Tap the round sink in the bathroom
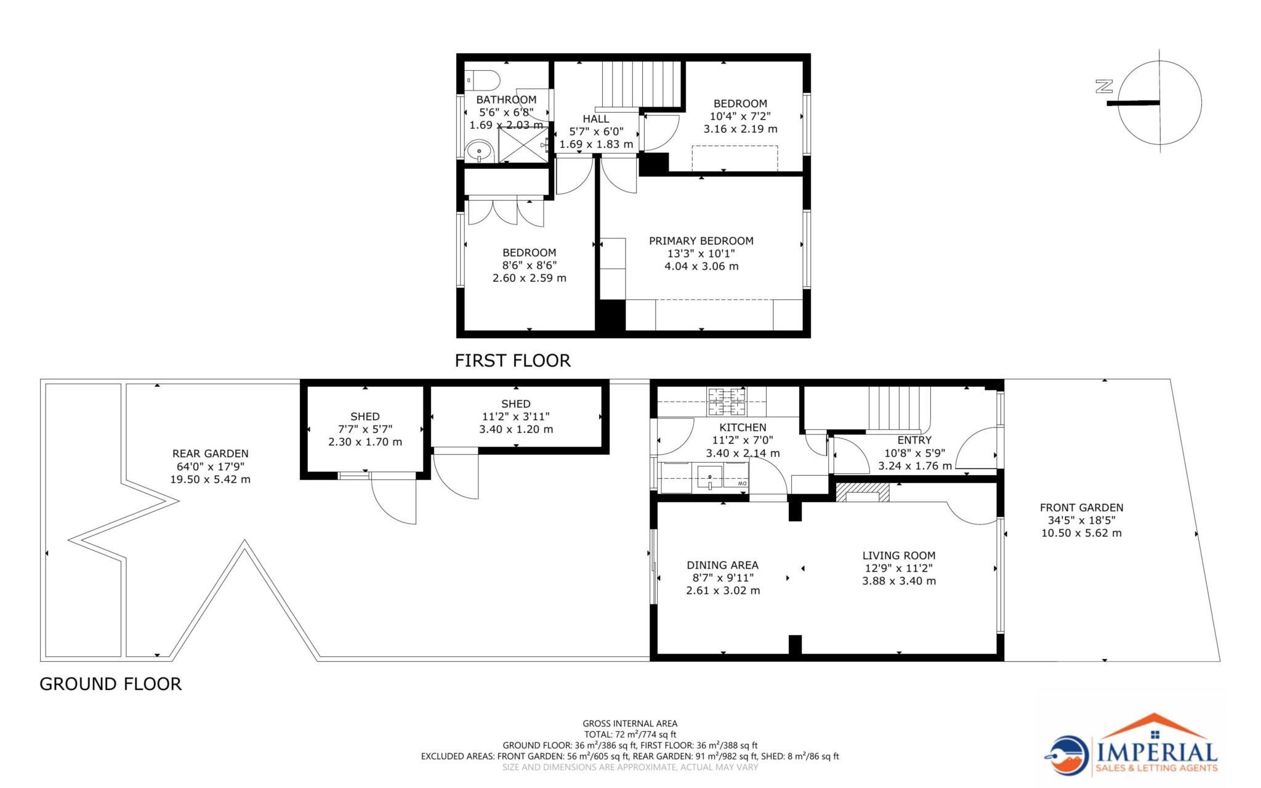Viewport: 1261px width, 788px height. point(478,151)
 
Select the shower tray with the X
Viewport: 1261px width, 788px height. point(522,145)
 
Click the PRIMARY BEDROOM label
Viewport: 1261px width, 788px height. point(701,241)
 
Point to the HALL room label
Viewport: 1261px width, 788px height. point(595,119)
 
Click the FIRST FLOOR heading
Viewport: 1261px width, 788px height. point(512,360)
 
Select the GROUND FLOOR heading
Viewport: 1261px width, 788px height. point(110,684)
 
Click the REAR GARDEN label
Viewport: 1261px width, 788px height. point(210,453)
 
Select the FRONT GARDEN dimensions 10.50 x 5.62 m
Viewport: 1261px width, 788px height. point(1081,534)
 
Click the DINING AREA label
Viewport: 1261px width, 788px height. point(722,565)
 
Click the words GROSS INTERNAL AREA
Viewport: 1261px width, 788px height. point(629,723)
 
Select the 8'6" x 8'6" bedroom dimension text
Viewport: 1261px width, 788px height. point(529,266)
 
